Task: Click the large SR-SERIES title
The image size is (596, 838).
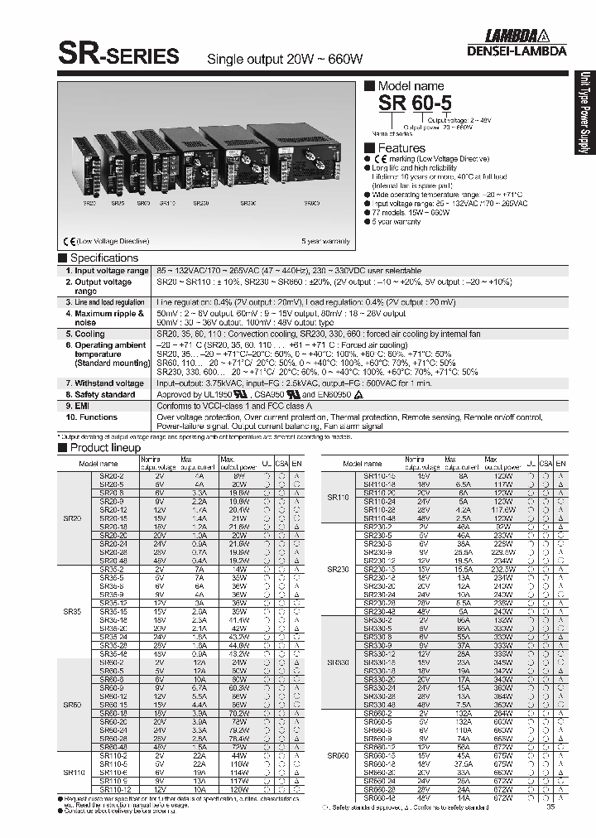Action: (118, 55)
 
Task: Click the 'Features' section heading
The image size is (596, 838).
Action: (401, 148)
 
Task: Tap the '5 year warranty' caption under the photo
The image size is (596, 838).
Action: (325, 241)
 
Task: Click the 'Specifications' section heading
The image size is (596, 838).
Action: (103, 258)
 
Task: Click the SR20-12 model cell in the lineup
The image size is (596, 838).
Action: (112, 510)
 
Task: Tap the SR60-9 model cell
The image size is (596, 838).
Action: (112, 686)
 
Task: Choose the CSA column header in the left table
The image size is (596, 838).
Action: (283, 464)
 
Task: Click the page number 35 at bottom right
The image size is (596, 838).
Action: (550, 808)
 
